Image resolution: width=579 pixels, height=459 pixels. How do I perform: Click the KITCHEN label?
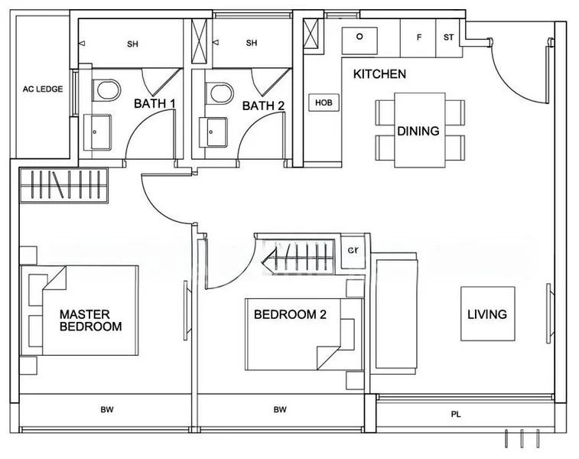coord(379,74)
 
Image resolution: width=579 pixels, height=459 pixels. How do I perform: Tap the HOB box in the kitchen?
coord(324,103)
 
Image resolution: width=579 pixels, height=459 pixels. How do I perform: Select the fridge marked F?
coord(418,37)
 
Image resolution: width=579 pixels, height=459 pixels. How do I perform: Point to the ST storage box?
coord(448,37)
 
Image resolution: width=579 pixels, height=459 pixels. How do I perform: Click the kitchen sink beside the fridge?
coord(358,37)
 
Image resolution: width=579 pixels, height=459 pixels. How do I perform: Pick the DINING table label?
coord(418,131)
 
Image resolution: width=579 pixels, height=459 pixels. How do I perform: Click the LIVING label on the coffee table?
coord(487,314)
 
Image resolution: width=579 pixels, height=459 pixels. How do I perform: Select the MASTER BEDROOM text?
coord(90,321)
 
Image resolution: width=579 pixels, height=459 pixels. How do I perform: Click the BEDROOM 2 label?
coord(290,314)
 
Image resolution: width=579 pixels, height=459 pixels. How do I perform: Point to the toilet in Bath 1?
coord(106,91)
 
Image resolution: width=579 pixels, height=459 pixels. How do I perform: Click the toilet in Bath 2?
coord(221,94)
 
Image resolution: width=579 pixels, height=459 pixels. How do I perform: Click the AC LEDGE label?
coord(43,89)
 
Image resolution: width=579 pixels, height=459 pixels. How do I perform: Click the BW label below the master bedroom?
coord(106,410)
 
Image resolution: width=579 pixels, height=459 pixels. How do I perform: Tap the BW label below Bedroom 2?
coord(281,410)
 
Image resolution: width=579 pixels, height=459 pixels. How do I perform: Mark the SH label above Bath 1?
coord(132,44)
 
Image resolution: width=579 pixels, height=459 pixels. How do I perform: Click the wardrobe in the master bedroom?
coord(64,186)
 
